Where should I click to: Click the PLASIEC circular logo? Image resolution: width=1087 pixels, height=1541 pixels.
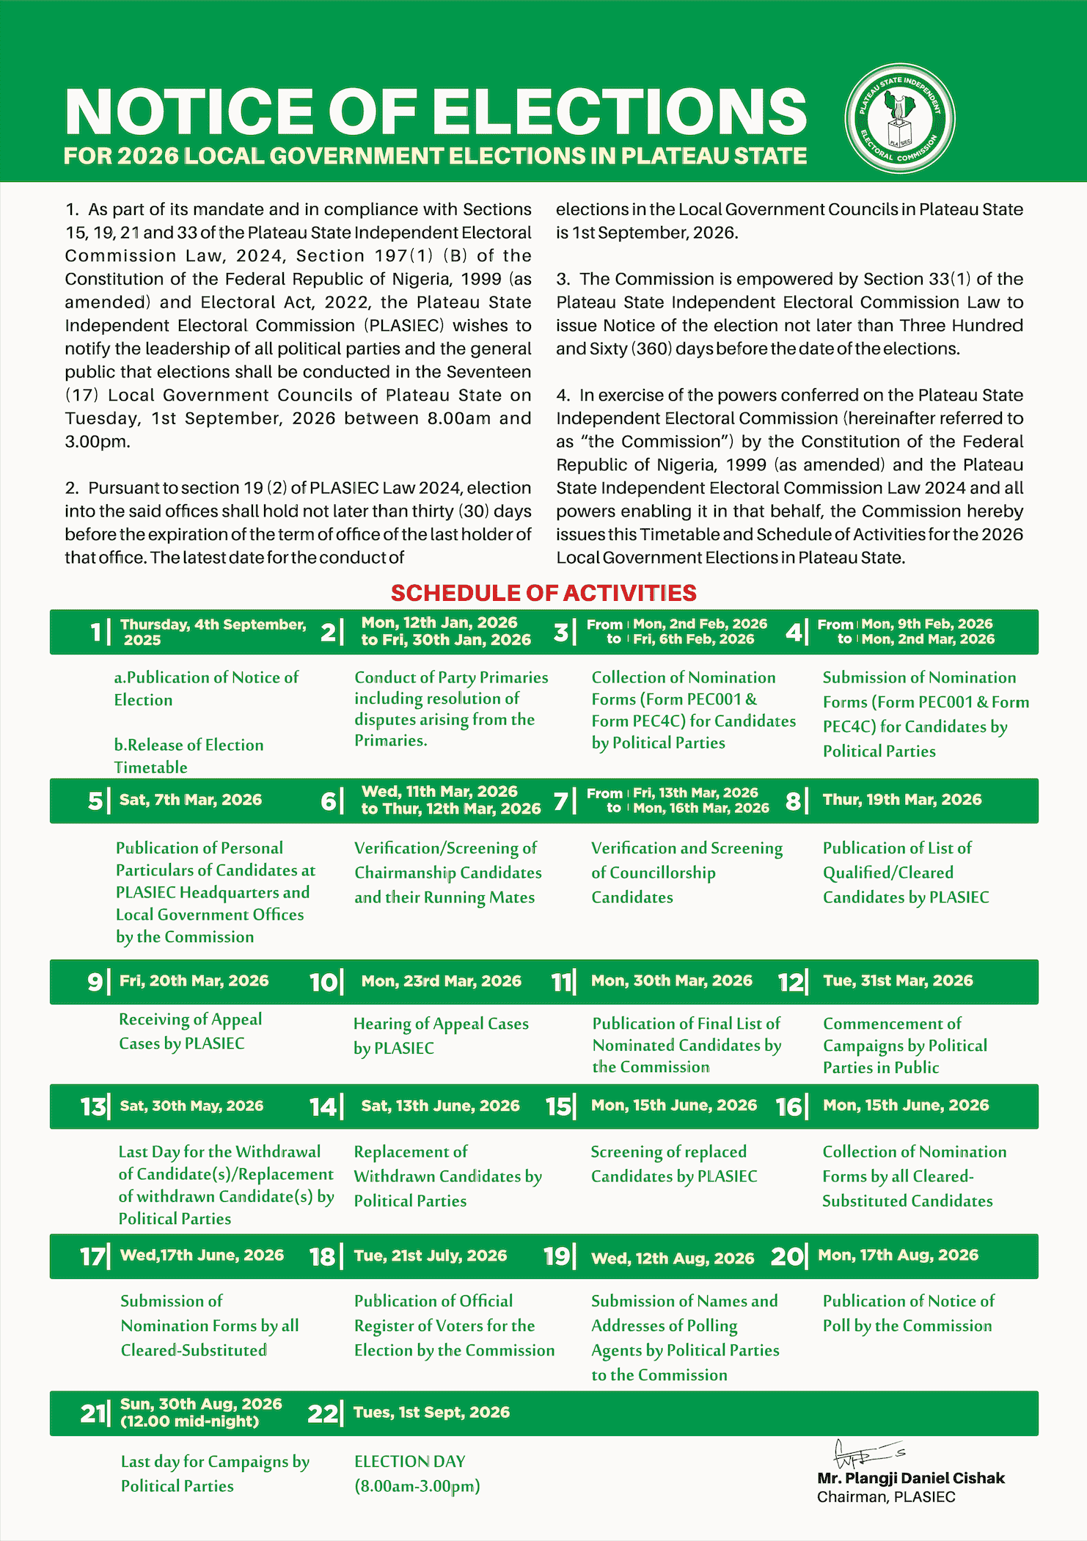pyautogui.click(x=900, y=118)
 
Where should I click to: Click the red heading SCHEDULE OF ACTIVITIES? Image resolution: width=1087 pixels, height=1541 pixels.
pyautogui.click(x=543, y=593)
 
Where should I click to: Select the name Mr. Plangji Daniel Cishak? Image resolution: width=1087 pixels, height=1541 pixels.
pyautogui.click(x=911, y=1478)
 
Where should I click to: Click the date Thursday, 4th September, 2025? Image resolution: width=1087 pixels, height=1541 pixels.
pyautogui.click(x=213, y=632)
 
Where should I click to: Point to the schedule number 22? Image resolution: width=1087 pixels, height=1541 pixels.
pyautogui.click(x=323, y=1413)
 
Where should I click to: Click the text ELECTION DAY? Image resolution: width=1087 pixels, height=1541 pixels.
pyautogui.click(x=410, y=1461)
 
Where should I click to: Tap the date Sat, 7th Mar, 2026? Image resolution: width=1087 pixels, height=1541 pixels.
pyautogui.click(x=191, y=800)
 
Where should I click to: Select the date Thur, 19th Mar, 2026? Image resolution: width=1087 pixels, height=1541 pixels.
pyautogui.click(x=902, y=800)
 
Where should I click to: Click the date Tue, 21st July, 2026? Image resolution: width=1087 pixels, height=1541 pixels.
pyautogui.click(x=431, y=1256)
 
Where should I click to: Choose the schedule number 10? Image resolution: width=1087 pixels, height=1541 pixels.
pyautogui.click(x=323, y=982)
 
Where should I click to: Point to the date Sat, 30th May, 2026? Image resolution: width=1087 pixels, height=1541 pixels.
pyautogui.click(x=191, y=1106)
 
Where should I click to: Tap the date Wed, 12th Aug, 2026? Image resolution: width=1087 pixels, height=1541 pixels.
pyautogui.click(x=673, y=1258)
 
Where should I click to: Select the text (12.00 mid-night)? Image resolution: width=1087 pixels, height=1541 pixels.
pyautogui.click(x=190, y=1421)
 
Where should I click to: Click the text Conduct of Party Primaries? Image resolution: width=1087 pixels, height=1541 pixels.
pyautogui.click(x=451, y=677)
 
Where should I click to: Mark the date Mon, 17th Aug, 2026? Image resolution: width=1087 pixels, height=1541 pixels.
pyautogui.click(x=898, y=1255)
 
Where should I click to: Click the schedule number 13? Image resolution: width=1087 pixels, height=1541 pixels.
pyautogui.click(x=93, y=1107)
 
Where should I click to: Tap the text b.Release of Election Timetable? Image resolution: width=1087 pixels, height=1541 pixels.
pyautogui.click(x=189, y=756)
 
